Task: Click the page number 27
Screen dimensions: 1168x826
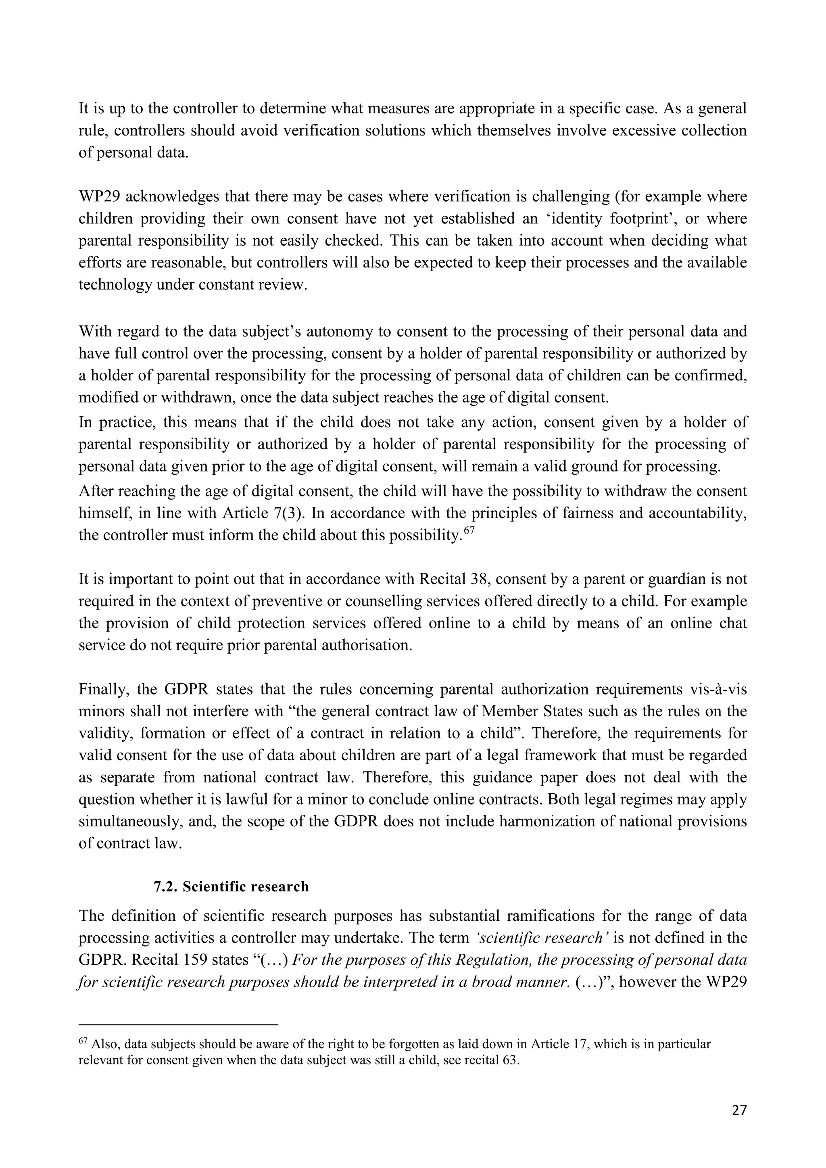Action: click(x=739, y=1110)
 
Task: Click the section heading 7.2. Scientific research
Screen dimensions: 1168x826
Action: click(x=231, y=886)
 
